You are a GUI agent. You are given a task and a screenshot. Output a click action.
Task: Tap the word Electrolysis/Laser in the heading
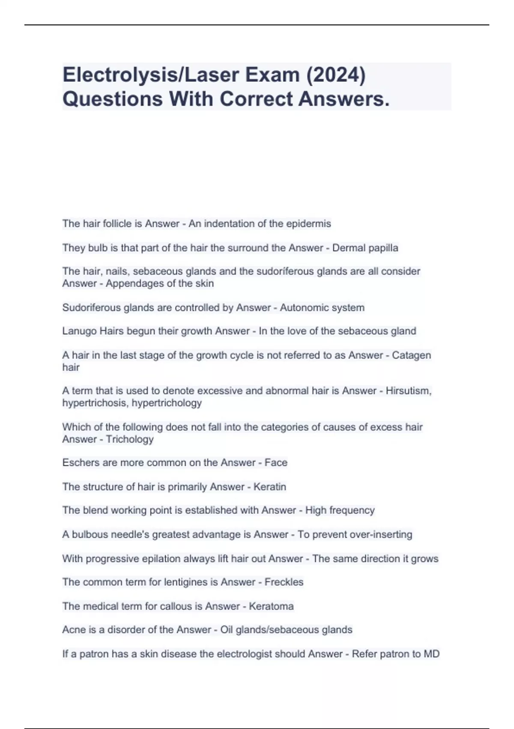145,75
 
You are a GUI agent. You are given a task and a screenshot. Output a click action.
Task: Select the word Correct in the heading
256,99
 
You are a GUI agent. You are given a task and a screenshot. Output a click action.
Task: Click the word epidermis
308,223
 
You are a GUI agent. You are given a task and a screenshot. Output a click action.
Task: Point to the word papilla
383,248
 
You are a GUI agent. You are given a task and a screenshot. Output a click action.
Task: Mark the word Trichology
129,439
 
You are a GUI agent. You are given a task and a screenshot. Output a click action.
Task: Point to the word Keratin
270,487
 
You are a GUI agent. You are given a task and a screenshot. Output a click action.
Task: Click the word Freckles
284,582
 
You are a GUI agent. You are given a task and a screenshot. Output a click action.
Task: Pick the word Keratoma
271,606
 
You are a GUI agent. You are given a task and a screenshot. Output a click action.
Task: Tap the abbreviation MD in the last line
431,654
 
